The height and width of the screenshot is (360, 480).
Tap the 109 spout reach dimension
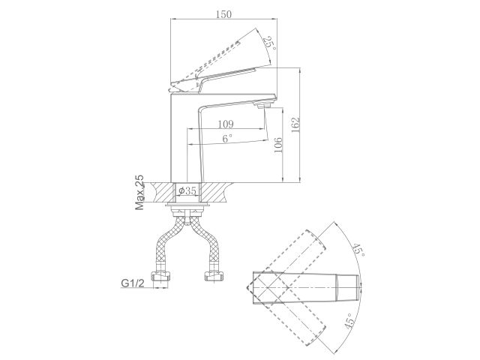click(226, 124)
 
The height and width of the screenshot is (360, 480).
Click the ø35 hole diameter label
click(187, 191)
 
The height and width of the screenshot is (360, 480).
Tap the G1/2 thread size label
click(133, 283)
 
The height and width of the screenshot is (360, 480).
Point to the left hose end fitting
click(160, 278)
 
